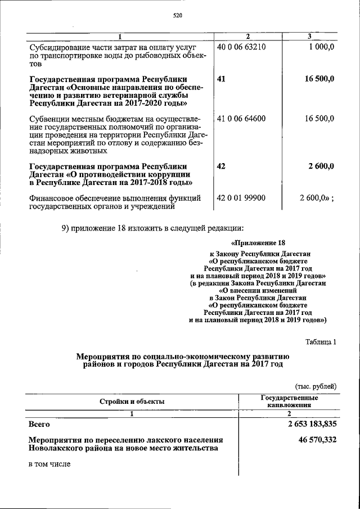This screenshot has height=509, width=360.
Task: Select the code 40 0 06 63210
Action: [241, 47]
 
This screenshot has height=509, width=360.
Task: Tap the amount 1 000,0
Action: [321, 47]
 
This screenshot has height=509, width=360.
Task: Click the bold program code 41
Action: [220, 79]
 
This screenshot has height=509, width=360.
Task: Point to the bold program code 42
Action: [220, 166]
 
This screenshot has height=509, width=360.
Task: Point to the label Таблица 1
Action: [321, 342]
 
